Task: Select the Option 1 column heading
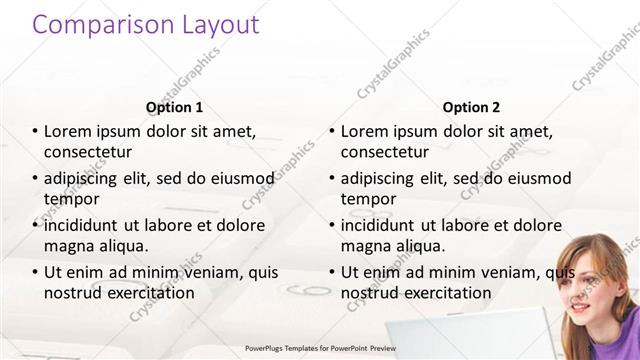tap(174, 107)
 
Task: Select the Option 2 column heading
tap(471, 107)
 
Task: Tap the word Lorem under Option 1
tap(68, 131)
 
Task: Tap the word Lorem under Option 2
tap(365, 131)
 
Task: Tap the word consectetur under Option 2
tap(385, 152)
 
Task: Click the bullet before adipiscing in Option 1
tap(34, 178)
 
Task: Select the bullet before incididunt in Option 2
tap(331, 225)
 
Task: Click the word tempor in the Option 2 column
tap(368, 199)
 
